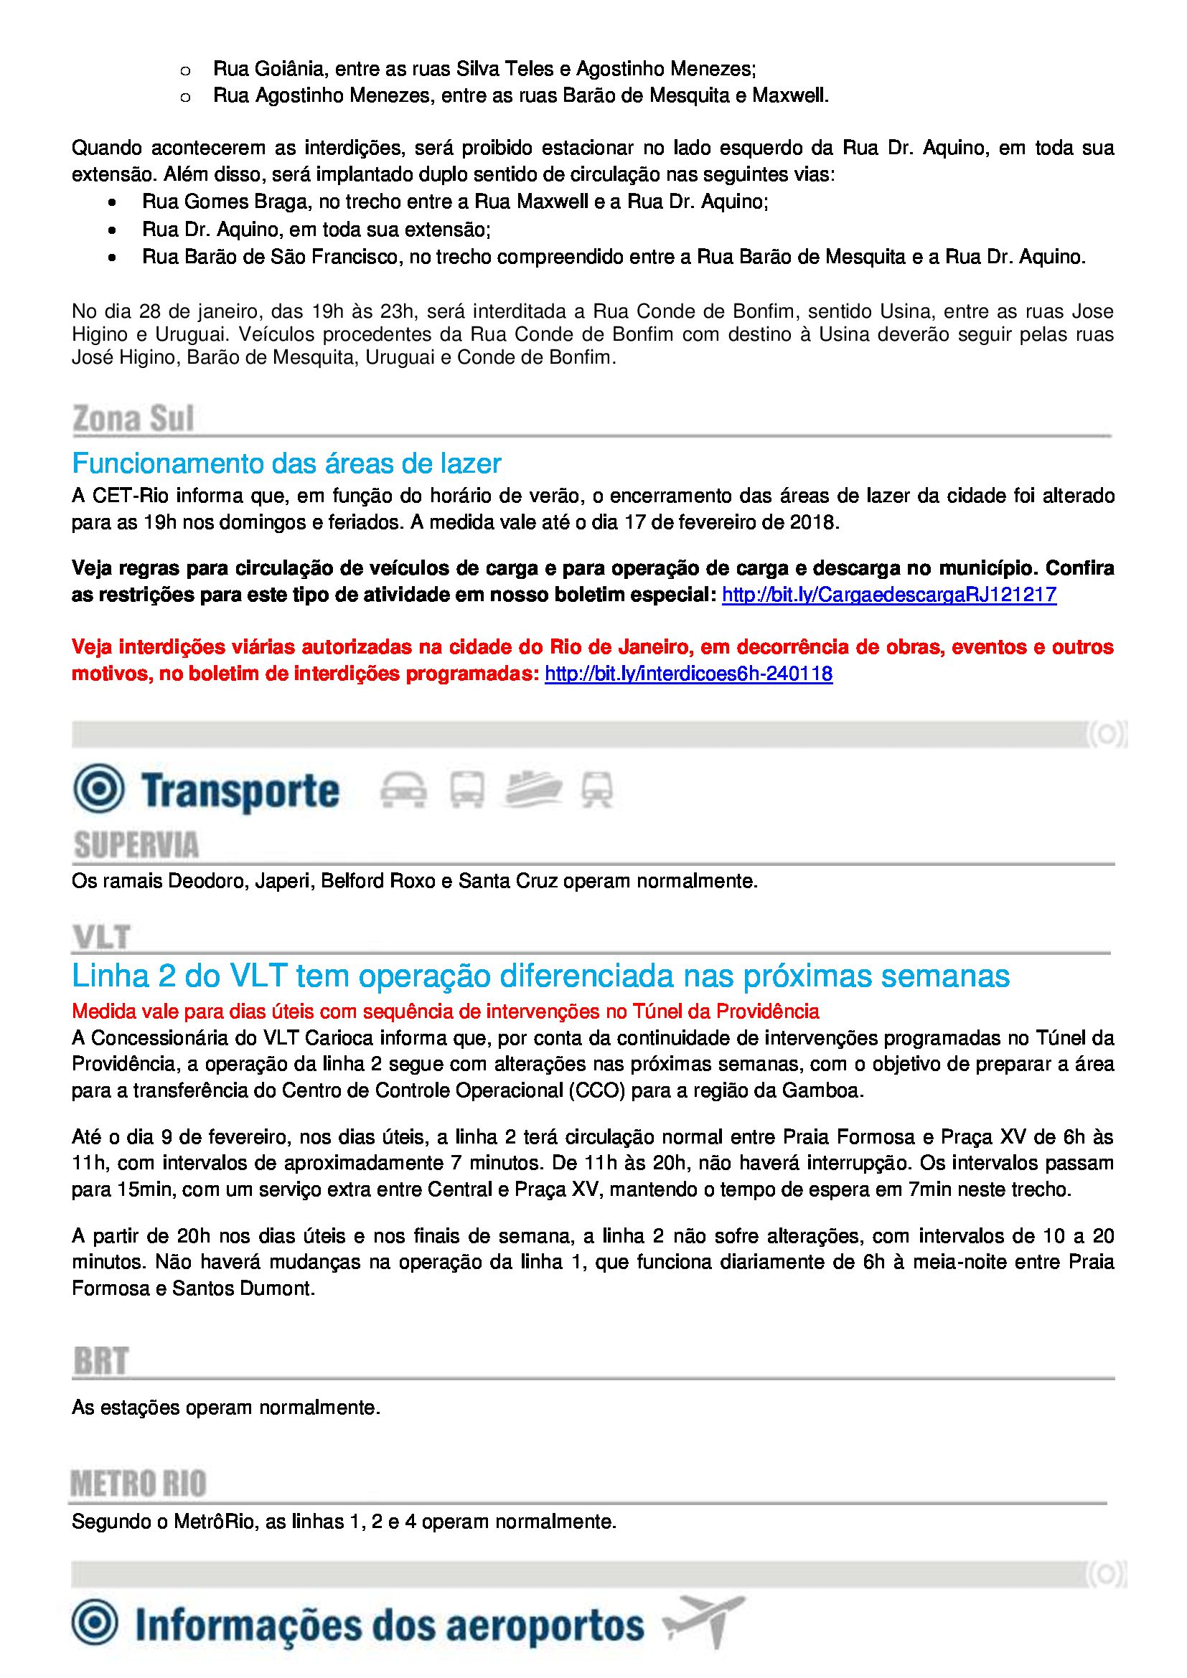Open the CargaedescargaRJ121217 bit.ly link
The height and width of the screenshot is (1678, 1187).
[888, 595]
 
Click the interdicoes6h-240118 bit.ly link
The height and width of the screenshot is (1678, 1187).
[688, 673]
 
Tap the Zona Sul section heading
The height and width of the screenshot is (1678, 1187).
[133, 419]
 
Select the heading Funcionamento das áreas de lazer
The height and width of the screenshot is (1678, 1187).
[286, 463]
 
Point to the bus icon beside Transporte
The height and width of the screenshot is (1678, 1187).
[466, 790]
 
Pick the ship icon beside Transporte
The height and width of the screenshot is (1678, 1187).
[532, 788]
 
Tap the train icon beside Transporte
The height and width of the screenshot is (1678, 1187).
[596, 790]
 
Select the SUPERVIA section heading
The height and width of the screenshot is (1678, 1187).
[136, 846]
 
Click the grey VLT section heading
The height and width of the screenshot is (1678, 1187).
[102, 938]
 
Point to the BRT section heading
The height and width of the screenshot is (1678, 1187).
[101, 1361]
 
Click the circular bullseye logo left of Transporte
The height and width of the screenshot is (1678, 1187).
[98, 788]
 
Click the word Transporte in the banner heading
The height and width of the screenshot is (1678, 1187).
[240, 791]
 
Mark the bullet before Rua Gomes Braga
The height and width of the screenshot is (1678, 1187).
[112, 202]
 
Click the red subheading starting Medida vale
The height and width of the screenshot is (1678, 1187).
[445, 1012]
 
